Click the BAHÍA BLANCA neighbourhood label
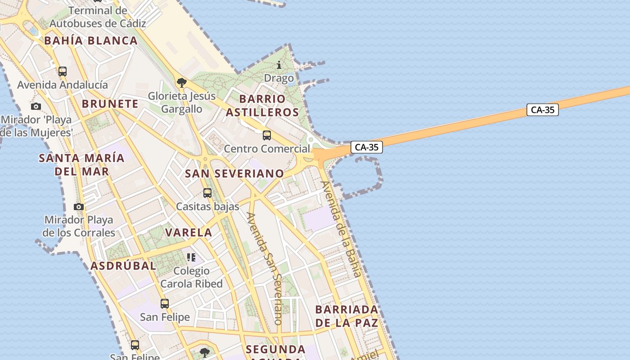91,40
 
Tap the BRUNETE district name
110,104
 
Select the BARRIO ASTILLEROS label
262,105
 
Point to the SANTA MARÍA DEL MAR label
81,165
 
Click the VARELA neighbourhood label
189,233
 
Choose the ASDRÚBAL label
123,265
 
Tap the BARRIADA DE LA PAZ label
346,316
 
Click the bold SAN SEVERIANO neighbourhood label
234,173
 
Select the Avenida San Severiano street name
265,268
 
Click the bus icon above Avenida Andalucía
63,71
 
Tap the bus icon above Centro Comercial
267,135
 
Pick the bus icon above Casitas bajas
207,193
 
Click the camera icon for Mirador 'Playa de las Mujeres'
36,106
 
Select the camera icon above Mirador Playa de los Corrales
79,207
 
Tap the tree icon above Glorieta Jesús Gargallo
182,82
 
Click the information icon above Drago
279,65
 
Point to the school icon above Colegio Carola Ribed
191,257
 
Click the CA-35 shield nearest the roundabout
366,147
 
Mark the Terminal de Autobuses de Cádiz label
98,17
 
